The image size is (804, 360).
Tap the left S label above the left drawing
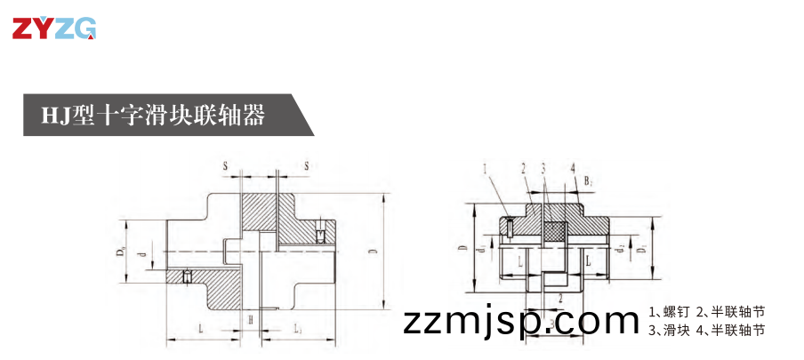pos(225,166)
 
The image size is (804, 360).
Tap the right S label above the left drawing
pos(306,166)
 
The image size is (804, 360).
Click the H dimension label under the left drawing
pos(251,318)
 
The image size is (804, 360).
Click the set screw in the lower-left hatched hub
pos(187,276)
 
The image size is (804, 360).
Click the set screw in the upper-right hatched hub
pos(318,235)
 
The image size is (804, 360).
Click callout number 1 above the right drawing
pos(485,167)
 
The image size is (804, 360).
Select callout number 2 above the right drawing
pos(524,167)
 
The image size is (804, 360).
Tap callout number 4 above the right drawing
pos(573,167)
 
